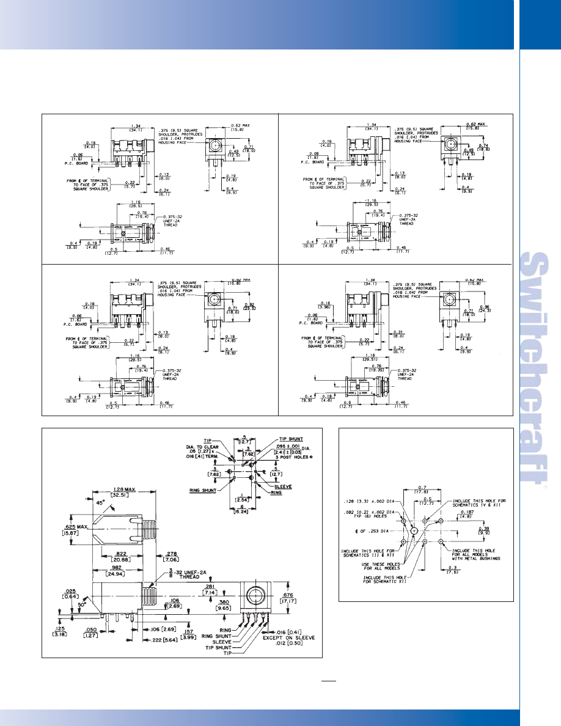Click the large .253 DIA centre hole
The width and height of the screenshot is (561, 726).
pyautogui.click(x=414, y=532)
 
